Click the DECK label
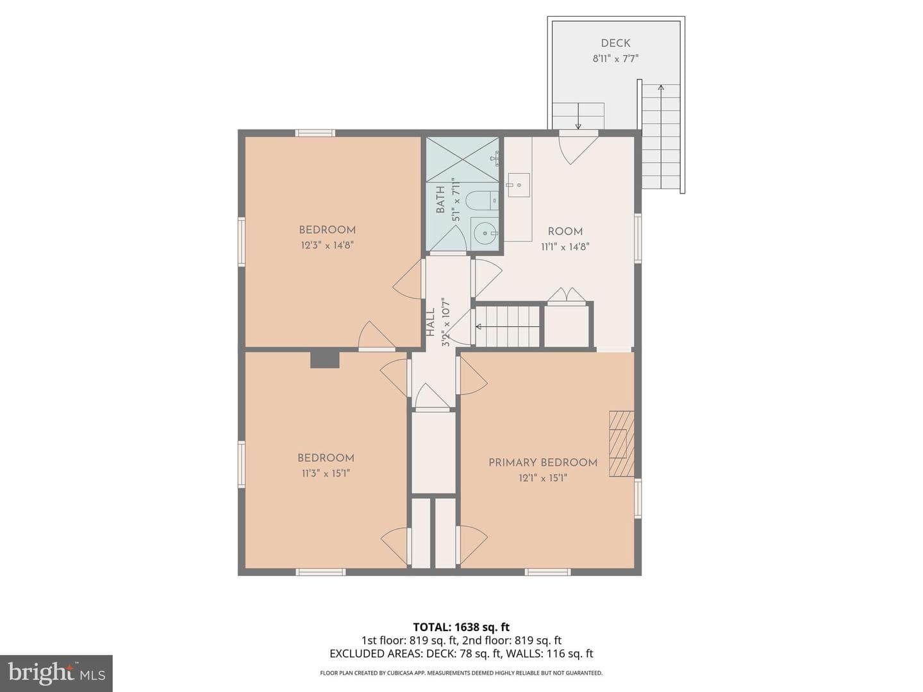tap(615, 43)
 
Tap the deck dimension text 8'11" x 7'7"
tap(615, 59)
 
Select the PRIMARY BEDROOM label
tap(542, 463)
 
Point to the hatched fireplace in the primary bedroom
tap(622, 443)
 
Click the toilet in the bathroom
tap(482, 201)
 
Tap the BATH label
tap(440, 199)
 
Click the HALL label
tap(430, 322)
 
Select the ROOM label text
tap(565, 231)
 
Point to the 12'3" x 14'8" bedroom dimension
tap(327, 245)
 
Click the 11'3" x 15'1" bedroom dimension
tap(326, 474)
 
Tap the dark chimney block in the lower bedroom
tap(324, 360)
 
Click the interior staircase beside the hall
tap(508, 327)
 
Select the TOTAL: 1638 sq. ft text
tap(462, 627)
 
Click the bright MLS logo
tap(56, 673)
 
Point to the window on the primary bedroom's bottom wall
tap(547, 572)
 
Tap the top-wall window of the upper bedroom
tap(315, 133)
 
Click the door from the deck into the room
tap(578, 147)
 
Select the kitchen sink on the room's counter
tap(519, 185)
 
